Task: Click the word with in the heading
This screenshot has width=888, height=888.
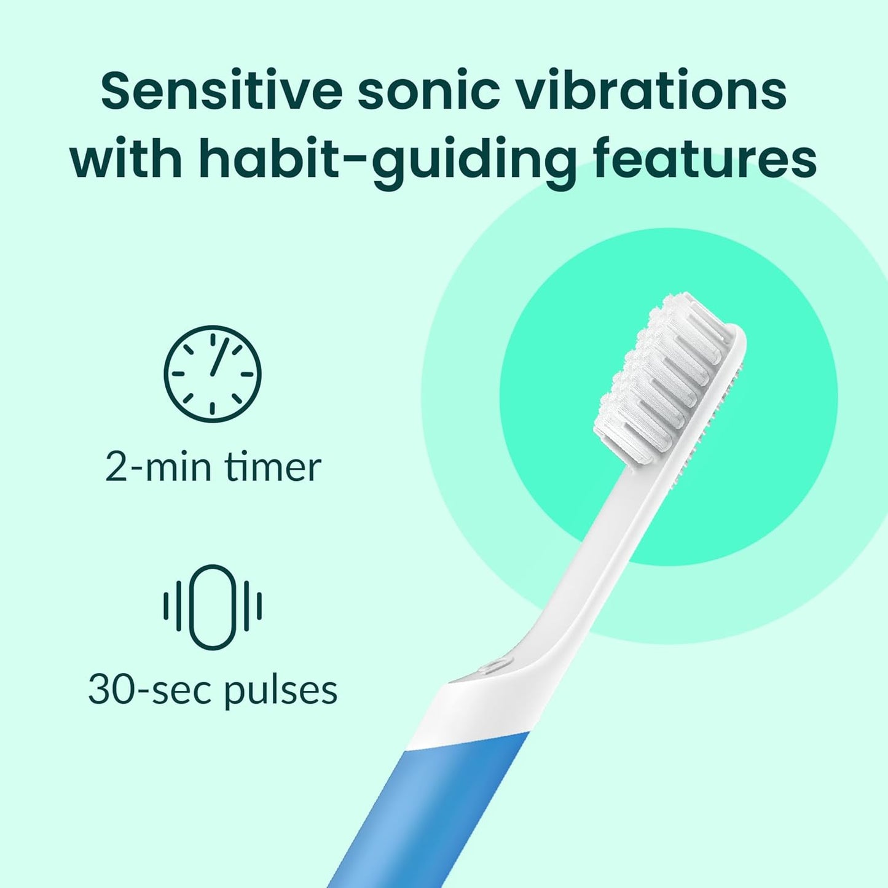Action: click(x=127, y=158)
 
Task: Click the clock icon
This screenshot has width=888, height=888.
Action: click(x=213, y=373)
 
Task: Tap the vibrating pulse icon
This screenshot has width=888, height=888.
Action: click(x=213, y=607)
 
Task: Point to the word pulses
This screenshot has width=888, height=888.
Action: click(x=280, y=691)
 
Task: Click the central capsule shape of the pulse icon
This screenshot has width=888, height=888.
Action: click(x=213, y=607)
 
